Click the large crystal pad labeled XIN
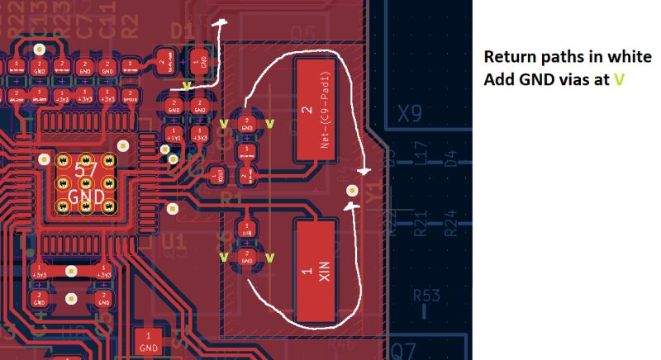click(x=316, y=271)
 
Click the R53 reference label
click(x=426, y=294)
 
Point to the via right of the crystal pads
click(x=352, y=190)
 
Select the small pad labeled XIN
click(x=246, y=230)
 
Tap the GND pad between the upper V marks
click(x=246, y=125)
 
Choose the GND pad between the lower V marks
click(x=246, y=257)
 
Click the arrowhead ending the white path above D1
click(x=220, y=24)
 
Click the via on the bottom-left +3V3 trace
click(x=71, y=270)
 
